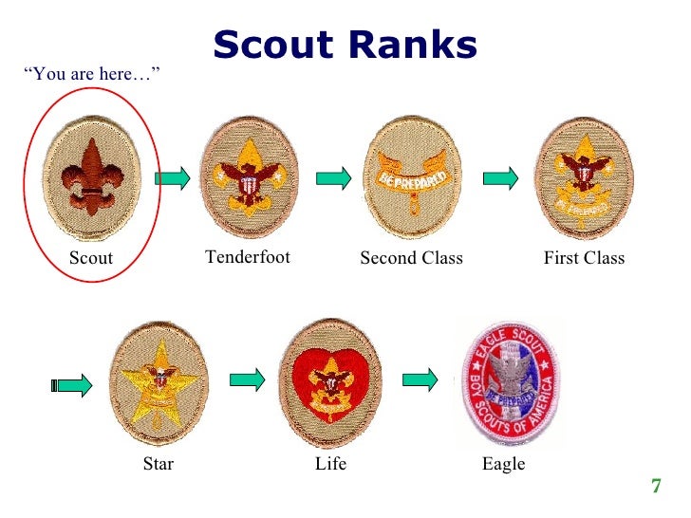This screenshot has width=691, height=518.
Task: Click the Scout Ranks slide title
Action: coord(345,44)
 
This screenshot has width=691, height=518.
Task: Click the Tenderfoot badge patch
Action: coord(249,176)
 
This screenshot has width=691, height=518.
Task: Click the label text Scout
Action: coord(91,258)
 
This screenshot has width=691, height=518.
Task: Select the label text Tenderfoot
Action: coord(248,257)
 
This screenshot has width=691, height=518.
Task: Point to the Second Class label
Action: coord(412,258)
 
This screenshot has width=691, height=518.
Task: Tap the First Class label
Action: coord(584,258)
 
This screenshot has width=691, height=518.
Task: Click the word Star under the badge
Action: coord(158,464)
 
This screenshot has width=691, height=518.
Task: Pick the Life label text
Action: coord(331,464)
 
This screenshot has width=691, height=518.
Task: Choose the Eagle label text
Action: coord(503,464)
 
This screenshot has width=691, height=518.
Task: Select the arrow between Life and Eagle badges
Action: coord(420,379)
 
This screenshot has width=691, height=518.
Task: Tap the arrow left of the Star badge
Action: coord(71,385)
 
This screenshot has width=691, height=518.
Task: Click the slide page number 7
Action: coord(655,488)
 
